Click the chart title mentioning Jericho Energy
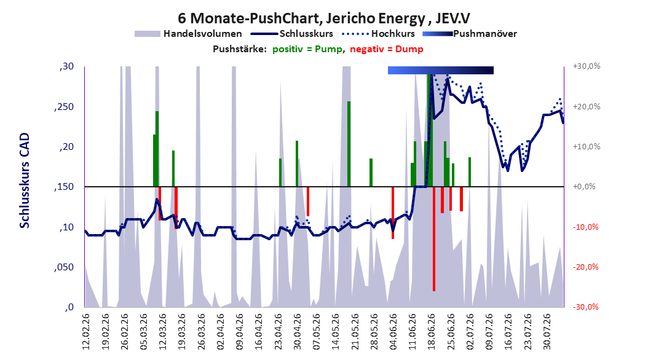coord(323,18)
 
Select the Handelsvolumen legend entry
coord(189,34)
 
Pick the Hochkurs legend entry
coord(379,34)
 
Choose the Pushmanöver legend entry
coord(470,34)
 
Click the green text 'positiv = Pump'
coord(307,49)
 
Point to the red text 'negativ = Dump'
coord(387,49)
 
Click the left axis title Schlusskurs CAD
coord(25,181)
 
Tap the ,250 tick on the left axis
coord(63,107)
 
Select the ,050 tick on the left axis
coord(63,267)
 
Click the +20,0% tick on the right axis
coord(587,106)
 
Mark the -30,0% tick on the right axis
coord(585,307)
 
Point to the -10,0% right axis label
coord(585,227)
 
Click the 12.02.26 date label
coord(86,332)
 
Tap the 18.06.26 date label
coord(432,332)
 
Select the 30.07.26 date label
coord(547,332)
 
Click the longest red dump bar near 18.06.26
coord(434,238)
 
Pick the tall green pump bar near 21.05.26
coord(349,144)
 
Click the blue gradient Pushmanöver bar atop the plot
coord(441,70)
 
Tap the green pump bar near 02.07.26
coord(470,172)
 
